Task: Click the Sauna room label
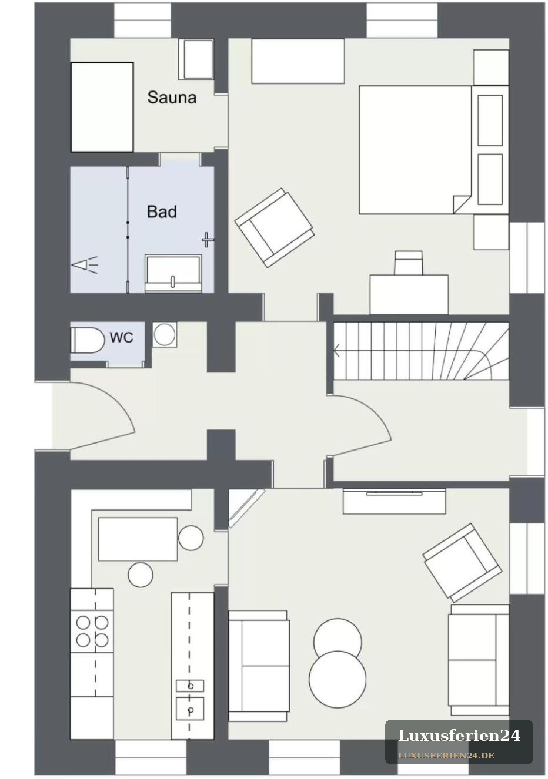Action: pos(172,98)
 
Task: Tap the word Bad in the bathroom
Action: pos(162,212)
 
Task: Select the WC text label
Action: pos(122,337)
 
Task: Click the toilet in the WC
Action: pos(88,340)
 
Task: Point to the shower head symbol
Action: pos(85,265)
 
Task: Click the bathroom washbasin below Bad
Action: pos(173,273)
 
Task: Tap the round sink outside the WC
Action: pos(164,334)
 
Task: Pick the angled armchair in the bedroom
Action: pos(274,228)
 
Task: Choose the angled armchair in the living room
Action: pos(462,563)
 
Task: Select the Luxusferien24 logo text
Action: pos(459,736)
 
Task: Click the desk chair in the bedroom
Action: pos(409,263)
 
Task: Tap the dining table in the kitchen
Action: pos(138,539)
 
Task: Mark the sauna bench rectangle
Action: pos(102,107)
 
